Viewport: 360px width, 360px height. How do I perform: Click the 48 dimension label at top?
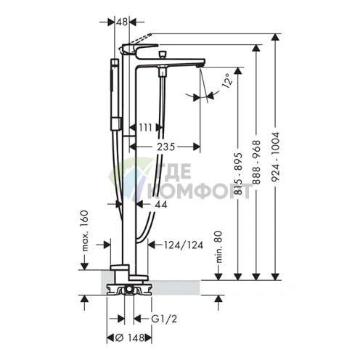(x=122, y=22)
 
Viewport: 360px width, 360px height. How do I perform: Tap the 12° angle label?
(x=228, y=81)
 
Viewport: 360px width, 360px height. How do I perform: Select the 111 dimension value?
(x=145, y=127)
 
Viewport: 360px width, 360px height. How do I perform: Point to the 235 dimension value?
(x=166, y=147)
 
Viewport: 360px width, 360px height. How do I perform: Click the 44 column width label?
(x=161, y=205)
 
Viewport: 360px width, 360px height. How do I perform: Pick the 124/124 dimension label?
(x=184, y=245)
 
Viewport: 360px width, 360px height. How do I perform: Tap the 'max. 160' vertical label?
(x=84, y=231)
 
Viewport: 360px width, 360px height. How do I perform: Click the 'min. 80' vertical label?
(x=218, y=247)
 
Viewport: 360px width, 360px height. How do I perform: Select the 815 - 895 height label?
(x=238, y=173)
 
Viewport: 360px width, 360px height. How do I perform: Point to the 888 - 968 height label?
(x=256, y=162)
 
